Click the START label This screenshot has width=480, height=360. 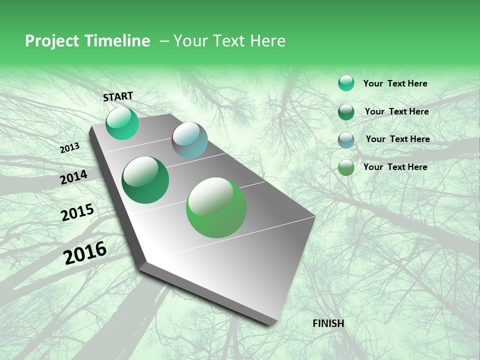(x=118, y=96)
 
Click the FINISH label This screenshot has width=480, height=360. (x=328, y=323)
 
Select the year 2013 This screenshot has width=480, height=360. (x=70, y=148)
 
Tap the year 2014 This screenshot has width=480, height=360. (x=74, y=177)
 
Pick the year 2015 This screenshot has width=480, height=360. (x=77, y=212)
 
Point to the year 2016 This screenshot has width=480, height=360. (x=85, y=253)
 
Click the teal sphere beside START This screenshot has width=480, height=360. (x=122, y=123)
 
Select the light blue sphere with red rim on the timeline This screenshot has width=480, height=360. (x=189, y=140)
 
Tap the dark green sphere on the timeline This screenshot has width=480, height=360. (x=145, y=180)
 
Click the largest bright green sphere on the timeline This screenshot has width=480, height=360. (x=216, y=207)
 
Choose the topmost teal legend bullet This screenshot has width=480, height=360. (x=346, y=83)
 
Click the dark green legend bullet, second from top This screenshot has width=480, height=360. (x=346, y=112)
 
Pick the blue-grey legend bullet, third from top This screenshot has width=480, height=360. (x=346, y=140)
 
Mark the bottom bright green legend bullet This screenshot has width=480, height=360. (x=346, y=167)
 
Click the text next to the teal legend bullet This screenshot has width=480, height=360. (x=395, y=83)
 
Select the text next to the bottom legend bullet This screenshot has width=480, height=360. (x=395, y=167)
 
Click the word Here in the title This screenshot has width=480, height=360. (x=268, y=41)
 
